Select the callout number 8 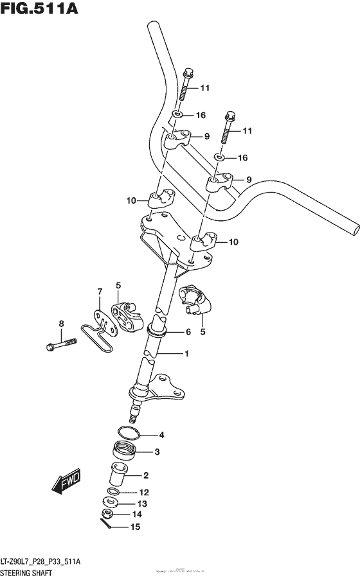click(62, 323)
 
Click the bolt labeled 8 click(60, 347)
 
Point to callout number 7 click(100, 292)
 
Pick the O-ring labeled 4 click(127, 433)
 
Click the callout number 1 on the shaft click(186, 353)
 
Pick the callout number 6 click(188, 332)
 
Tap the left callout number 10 click(131, 200)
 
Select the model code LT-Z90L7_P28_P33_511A click(44, 561)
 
